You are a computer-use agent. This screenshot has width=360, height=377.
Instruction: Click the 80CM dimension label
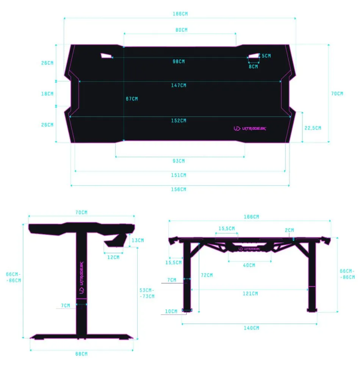click(x=181, y=30)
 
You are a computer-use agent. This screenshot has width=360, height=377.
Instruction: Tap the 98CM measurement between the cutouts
click(x=179, y=61)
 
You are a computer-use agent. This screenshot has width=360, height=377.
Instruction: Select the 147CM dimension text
click(x=178, y=85)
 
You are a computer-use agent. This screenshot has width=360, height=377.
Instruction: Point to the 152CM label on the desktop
click(x=178, y=121)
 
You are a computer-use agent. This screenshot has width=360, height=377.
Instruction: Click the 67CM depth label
click(x=132, y=99)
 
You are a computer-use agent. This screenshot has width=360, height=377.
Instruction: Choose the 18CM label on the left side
click(x=47, y=94)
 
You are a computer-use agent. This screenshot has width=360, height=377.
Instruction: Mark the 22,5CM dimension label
click(x=313, y=128)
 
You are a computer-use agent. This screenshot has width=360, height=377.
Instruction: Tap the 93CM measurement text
click(x=179, y=161)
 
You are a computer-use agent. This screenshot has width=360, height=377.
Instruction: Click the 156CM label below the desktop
click(x=178, y=189)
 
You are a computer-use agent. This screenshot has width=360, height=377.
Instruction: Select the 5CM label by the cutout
click(x=266, y=56)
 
